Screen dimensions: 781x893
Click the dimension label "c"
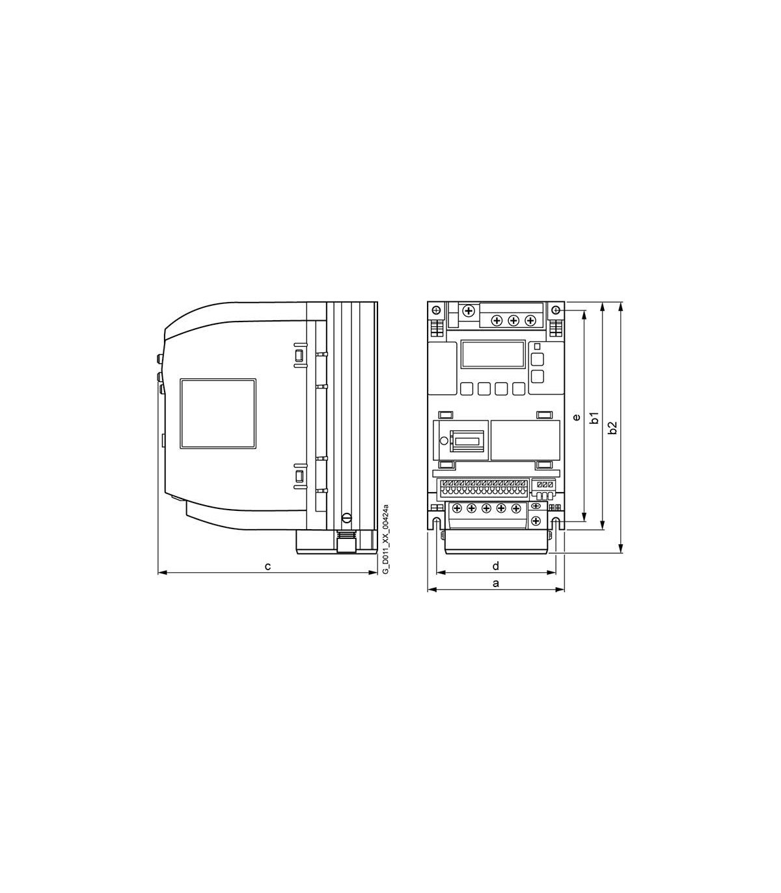click(x=268, y=566)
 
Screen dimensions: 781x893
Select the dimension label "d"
click(x=496, y=566)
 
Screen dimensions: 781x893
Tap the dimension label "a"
click(x=496, y=583)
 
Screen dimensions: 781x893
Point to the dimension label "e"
click(x=577, y=417)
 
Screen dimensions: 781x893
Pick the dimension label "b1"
click(x=594, y=417)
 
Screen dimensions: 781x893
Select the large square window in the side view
click(x=218, y=413)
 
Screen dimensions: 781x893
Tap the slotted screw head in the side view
click(x=347, y=517)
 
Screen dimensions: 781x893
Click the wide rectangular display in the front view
click(x=493, y=354)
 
